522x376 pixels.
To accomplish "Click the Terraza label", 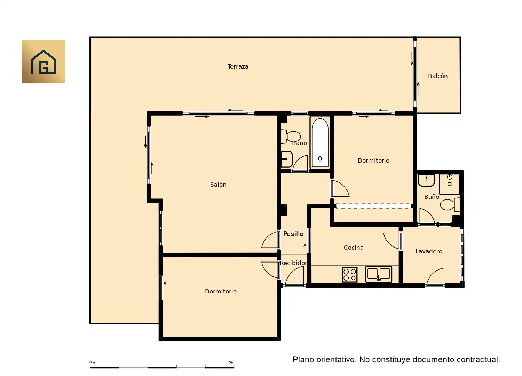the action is (238, 66).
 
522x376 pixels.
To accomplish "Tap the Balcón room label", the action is (438, 76).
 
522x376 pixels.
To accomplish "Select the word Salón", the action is (218, 185).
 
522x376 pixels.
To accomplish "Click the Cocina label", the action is (354, 248).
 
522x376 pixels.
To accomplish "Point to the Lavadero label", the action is (429, 251).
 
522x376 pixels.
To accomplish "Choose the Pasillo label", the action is (293, 234).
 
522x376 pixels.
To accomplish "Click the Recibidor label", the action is (294, 263).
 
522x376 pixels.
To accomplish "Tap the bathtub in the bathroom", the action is (320, 143).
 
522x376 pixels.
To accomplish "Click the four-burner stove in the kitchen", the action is (349, 275).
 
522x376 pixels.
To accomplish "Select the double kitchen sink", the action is (379, 274).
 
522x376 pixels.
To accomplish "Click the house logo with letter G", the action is (43, 62).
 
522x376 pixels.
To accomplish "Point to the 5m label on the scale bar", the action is (231, 362).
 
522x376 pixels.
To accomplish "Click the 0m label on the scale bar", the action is (92, 362).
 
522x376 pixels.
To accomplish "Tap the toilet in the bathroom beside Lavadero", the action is (450, 204).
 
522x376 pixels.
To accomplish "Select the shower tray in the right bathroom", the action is (449, 184).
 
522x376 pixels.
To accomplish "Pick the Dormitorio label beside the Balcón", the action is (373, 160).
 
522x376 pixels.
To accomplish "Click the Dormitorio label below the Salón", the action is (221, 292).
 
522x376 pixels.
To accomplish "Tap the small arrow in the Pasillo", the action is (305, 246).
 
